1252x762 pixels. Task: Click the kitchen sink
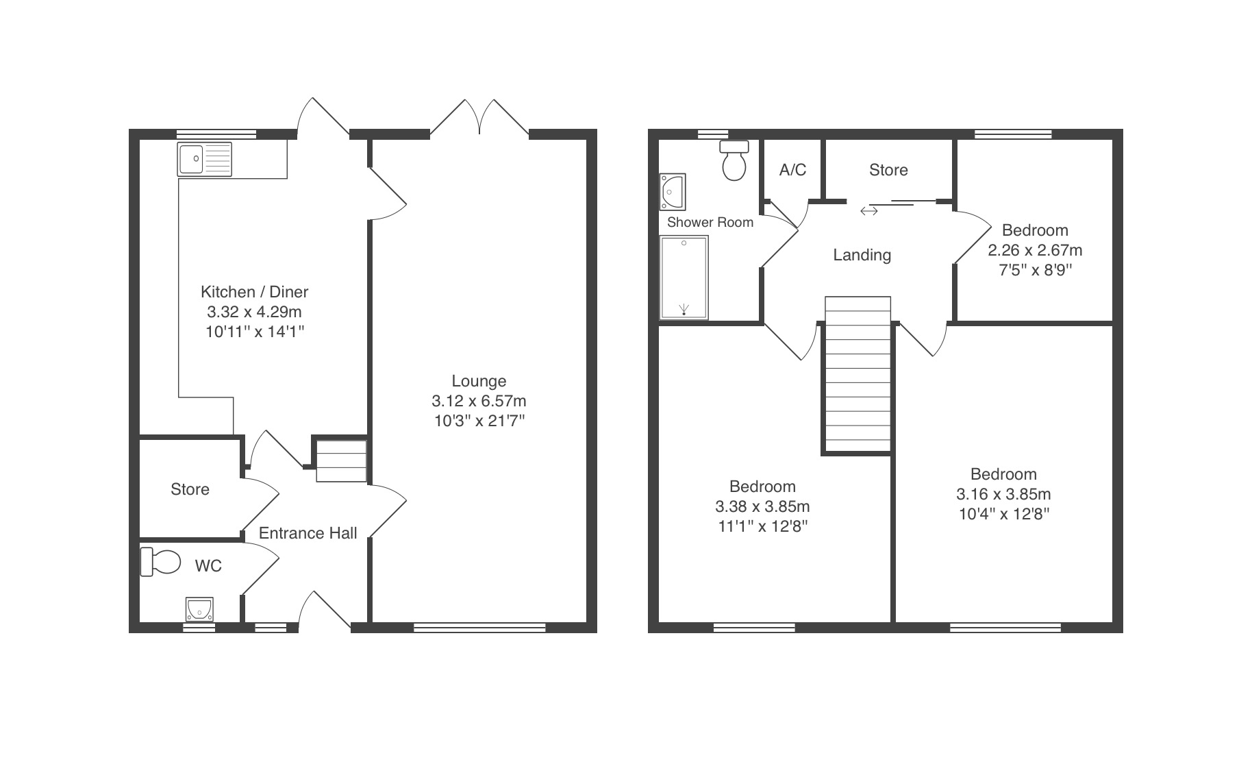205,159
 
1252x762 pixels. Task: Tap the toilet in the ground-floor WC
160,562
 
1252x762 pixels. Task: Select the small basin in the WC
199,609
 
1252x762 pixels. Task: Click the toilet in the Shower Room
734,160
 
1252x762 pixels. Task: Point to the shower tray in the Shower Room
684,278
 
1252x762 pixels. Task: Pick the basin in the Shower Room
673,191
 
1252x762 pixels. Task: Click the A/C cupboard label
792,170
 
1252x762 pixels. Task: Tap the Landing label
862,256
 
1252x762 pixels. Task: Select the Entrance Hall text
308,533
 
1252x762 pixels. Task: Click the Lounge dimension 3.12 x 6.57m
479,401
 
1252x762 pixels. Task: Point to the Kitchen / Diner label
255,292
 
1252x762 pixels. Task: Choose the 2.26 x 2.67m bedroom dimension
1035,250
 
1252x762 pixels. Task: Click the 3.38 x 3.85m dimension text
763,506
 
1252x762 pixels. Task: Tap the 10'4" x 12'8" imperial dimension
1004,514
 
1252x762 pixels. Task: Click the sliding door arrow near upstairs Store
869,211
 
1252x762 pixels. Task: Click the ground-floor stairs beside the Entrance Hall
341,461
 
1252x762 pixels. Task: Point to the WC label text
208,566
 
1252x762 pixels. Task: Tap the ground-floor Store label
190,489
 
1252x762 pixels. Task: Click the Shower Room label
710,222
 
